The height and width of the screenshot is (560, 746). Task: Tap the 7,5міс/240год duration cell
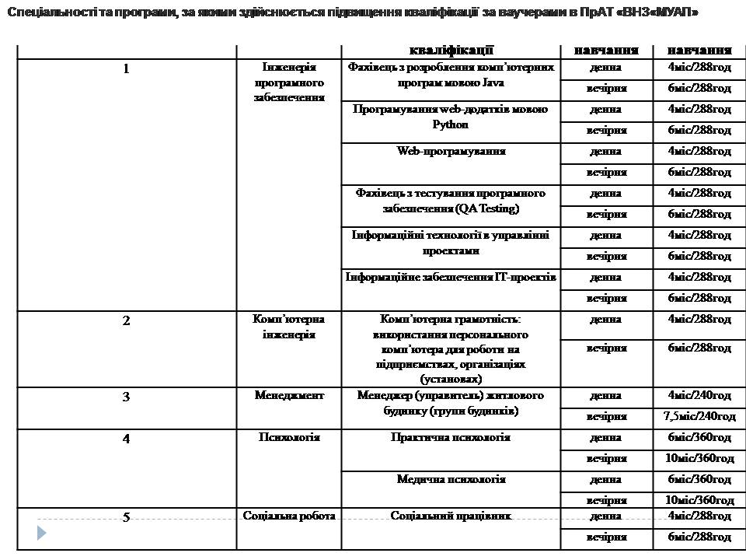tap(699, 417)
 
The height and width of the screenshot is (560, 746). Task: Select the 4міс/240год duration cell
tap(699, 396)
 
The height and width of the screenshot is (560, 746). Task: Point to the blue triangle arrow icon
tap(42, 533)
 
